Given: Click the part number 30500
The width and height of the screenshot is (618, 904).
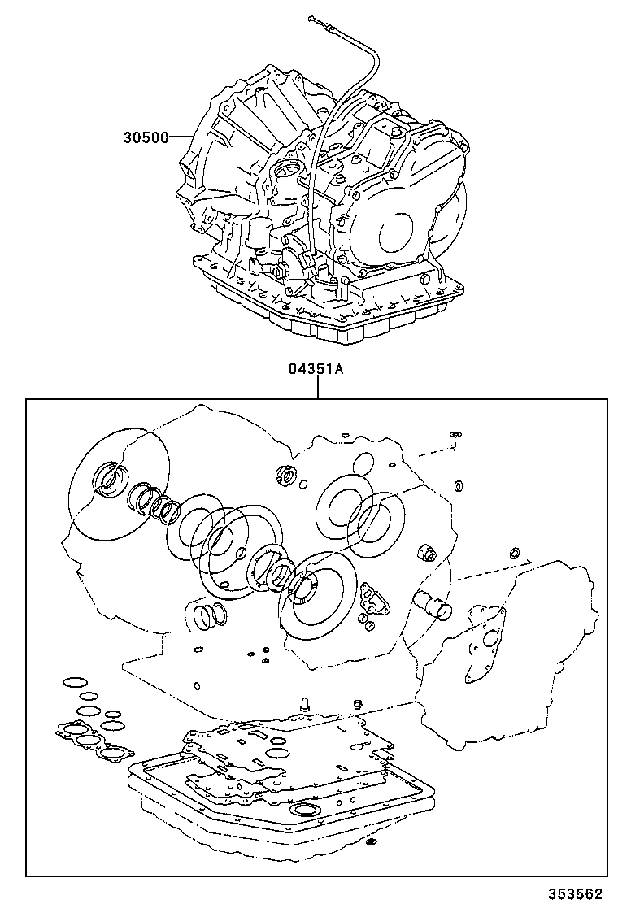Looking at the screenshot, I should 146,137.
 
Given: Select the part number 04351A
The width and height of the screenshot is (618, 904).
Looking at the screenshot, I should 316,368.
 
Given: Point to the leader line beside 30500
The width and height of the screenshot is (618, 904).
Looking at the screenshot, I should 180,137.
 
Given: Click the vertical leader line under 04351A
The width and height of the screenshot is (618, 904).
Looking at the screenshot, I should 317,388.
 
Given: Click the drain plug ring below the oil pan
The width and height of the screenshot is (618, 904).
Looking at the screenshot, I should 370,840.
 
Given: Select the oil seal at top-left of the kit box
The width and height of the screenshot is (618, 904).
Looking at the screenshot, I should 108,478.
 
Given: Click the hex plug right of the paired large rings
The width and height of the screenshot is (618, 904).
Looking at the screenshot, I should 426,553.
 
